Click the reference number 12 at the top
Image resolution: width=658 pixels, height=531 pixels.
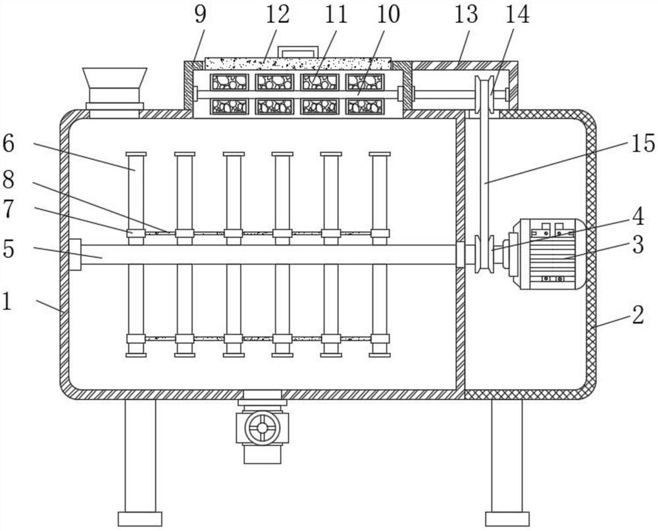pyautogui.click(x=278, y=14)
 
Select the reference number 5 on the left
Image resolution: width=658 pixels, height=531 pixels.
pyautogui.click(x=9, y=250)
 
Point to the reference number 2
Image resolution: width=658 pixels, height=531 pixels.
pyautogui.click(x=637, y=315)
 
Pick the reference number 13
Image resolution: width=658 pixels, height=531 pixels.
pyautogui.click(x=465, y=14)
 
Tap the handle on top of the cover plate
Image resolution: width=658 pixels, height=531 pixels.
pyautogui.click(x=297, y=51)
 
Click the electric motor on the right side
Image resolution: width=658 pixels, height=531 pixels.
pyautogui.click(x=551, y=254)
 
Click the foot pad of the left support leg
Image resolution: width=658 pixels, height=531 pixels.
pyautogui.click(x=139, y=518)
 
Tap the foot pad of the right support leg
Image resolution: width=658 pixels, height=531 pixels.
pyautogui.click(x=507, y=518)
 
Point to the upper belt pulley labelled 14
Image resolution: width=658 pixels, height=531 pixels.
pyautogui.click(x=486, y=95)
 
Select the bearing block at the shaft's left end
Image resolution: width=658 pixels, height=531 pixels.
pyautogui.click(x=74, y=254)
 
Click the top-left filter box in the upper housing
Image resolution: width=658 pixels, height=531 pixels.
pyautogui.click(x=228, y=81)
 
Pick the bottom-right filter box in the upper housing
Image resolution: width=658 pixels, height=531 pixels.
pyautogui.click(x=365, y=106)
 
